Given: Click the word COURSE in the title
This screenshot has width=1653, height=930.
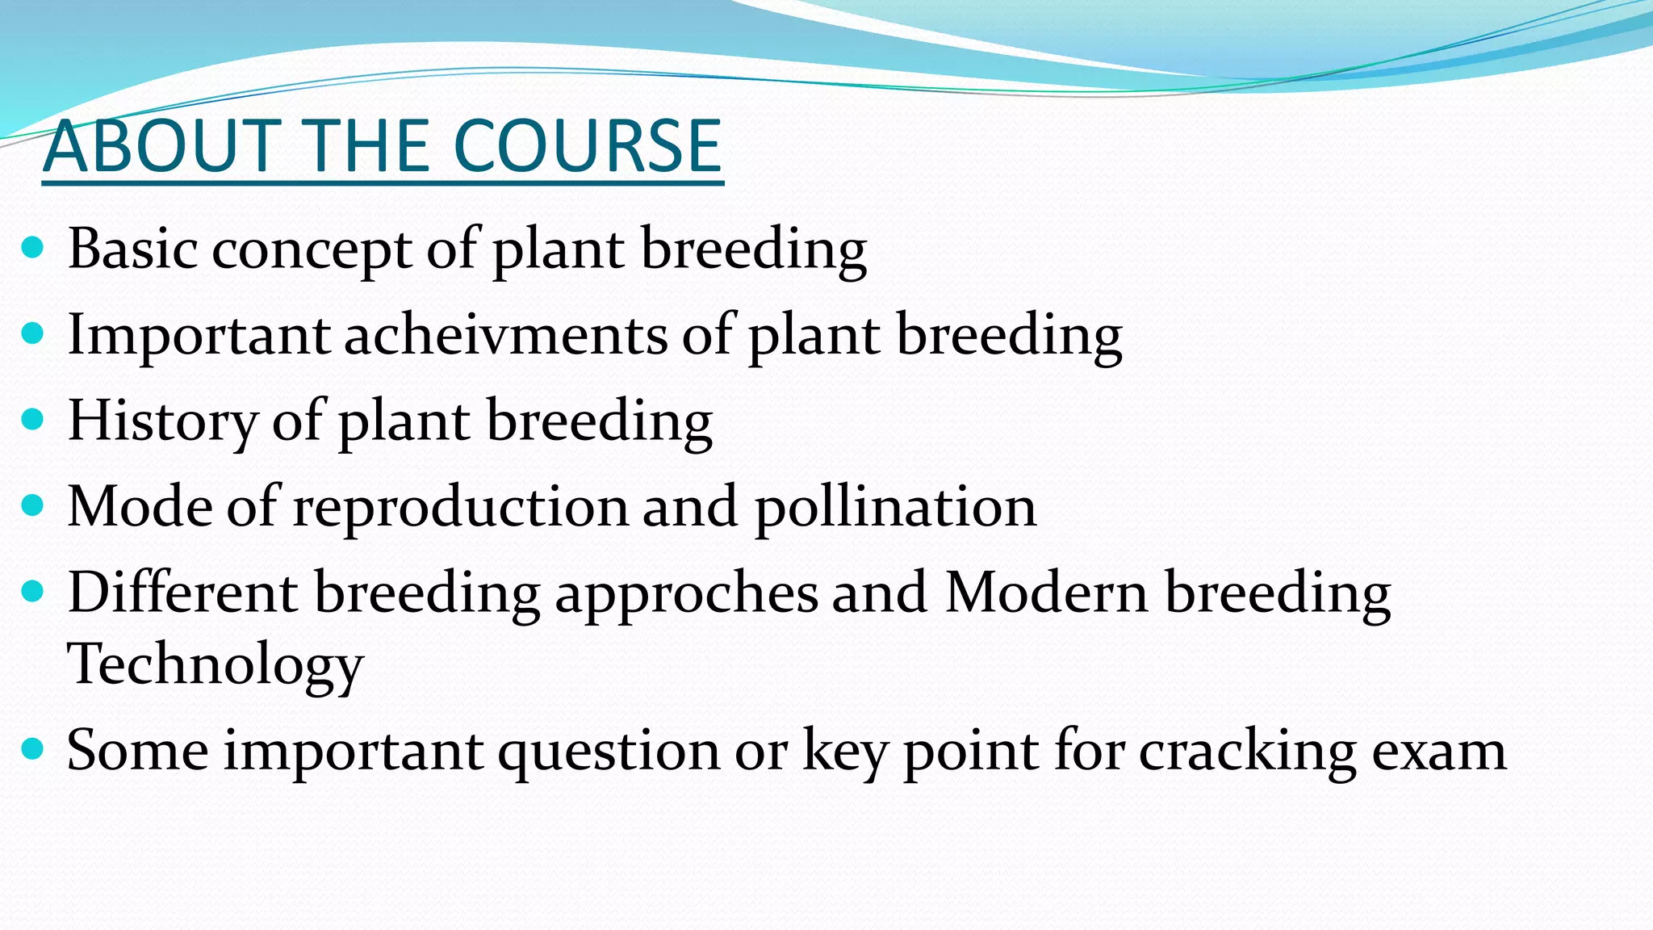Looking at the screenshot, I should (587, 146).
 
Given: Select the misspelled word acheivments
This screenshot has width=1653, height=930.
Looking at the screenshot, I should (506, 335).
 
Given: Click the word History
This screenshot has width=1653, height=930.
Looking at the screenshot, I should (161, 421).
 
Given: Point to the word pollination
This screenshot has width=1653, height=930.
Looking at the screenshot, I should (895, 508).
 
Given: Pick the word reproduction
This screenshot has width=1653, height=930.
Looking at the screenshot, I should (459, 508).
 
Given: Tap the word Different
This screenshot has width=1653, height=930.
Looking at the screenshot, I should (182, 593).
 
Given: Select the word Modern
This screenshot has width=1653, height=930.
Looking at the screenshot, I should (1046, 593).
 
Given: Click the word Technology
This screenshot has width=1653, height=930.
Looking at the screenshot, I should (215, 665).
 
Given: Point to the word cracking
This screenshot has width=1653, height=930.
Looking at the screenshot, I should (1248, 752).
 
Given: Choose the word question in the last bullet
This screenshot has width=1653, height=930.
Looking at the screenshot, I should (609, 752).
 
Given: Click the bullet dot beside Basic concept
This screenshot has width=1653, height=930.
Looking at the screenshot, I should (32, 248).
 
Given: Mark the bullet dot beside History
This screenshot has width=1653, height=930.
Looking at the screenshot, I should (32, 420).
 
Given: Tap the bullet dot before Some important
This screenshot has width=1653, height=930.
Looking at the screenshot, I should (32, 750).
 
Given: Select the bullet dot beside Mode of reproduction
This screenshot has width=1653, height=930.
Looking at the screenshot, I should (32, 506).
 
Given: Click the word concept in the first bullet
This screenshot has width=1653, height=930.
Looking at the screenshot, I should (312, 250).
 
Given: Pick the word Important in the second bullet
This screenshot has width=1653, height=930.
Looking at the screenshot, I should (199, 335).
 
